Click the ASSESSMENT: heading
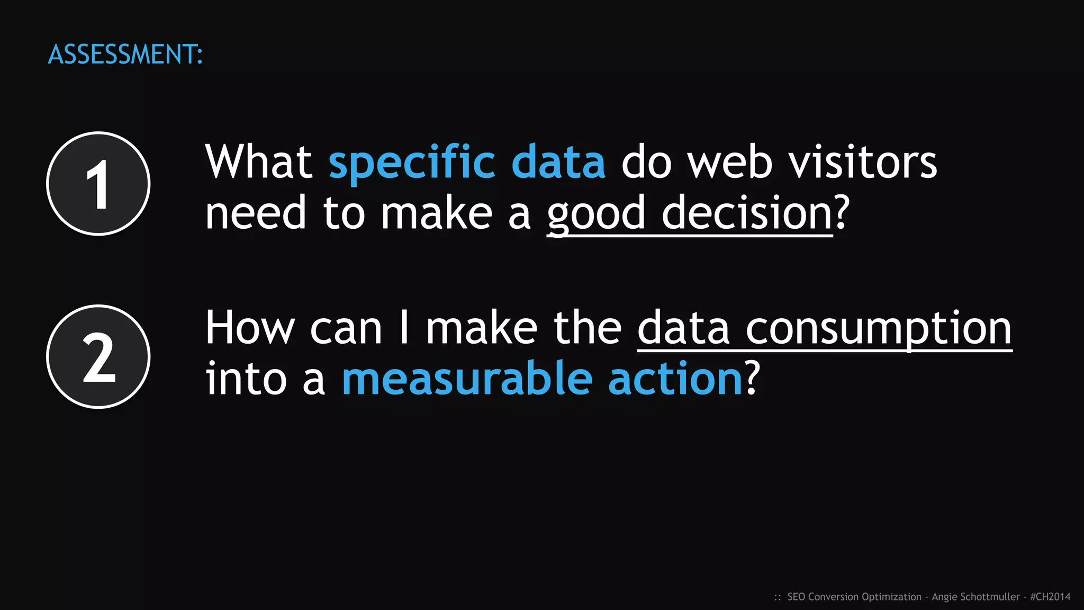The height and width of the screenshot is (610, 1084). [x=125, y=55]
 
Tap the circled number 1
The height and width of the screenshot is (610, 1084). [x=98, y=184]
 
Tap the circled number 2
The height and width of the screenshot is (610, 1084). [x=98, y=357]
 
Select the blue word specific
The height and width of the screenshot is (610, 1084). [x=412, y=163]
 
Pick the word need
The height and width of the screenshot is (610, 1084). [x=256, y=213]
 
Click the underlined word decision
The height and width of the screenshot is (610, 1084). [x=747, y=213]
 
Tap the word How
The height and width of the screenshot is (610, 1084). [x=249, y=328]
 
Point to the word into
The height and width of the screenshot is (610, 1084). [x=246, y=379]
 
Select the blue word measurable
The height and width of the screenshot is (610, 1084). [x=467, y=379]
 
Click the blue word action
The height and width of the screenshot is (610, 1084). [x=675, y=379]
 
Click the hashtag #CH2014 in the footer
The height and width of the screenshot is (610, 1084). [x=1050, y=597]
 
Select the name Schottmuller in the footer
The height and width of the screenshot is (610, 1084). [x=990, y=597]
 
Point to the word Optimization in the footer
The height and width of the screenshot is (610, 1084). [x=892, y=597]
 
